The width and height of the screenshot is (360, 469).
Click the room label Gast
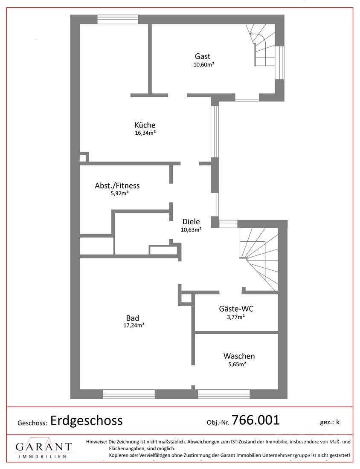[x=203, y=56]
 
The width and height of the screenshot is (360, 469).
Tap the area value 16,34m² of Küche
[x=145, y=133]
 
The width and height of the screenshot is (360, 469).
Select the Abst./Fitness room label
[x=117, y=186]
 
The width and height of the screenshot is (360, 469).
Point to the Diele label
[x=191, y=222]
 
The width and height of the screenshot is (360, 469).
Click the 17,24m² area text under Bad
[x=134, y=325]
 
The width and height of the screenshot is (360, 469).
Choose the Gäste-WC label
[x=236, y=309]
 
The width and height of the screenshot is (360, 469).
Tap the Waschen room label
[x=239, y=356]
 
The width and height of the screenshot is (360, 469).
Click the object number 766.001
[x=255, y=420]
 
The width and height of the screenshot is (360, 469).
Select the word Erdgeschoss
[x=87, y=421]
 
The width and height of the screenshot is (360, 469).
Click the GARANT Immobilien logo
[x=44, y=448]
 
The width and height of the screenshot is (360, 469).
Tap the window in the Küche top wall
[x=118, y=20]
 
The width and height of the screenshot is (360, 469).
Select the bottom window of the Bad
[x=129, y=394]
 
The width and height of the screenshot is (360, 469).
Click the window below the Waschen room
[x=224, y=394]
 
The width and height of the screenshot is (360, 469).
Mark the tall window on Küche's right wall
[x=215, y=132]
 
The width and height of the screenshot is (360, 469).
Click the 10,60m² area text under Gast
[x=204, y=65]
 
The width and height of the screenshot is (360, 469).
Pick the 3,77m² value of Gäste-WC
[x=236, y=317]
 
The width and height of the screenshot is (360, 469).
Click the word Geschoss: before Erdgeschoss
[x=32, y=423]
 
